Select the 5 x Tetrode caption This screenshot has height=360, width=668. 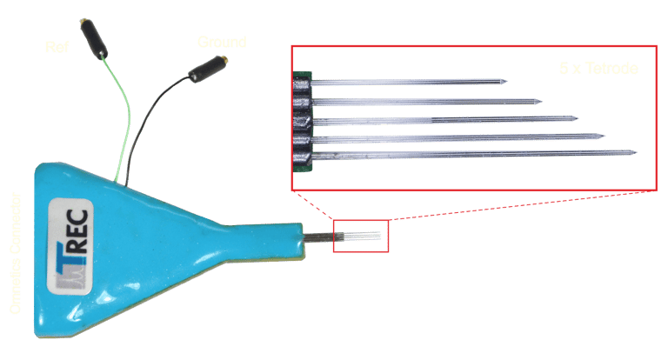(x=598, y=68)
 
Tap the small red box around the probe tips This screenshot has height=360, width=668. (x=361, y=236)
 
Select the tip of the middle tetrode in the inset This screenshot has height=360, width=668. (x=578, y=118)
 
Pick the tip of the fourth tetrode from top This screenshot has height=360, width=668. (x=605, y=137)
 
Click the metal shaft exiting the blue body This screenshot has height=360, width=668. (x=318, y=237)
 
